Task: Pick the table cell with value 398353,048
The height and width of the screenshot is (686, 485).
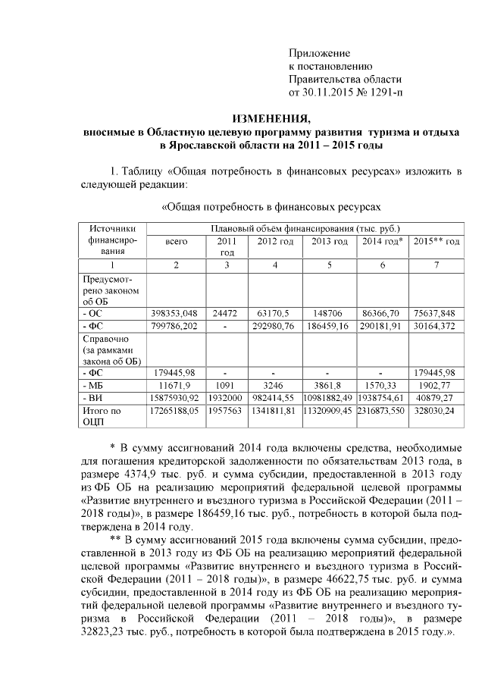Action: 175,314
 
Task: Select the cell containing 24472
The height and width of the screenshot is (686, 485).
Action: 227,314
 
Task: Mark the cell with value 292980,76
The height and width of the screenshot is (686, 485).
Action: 275,327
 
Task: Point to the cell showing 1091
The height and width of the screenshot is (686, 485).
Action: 227,385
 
